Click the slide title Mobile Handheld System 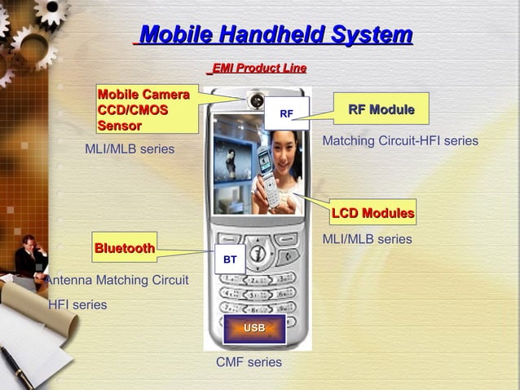pos(275,35)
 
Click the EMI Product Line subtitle pos(258,69)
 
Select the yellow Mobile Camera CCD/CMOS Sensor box pos(148,109)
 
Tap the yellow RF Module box pos(381,109)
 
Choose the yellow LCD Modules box pos(372,213)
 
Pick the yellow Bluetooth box pos(124,248)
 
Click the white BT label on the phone pos(230,259)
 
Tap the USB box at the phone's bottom pos(254,329)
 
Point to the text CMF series pos(249,361)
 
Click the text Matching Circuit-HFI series pos(400,141)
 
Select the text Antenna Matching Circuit pos(117,280)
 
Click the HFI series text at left pos(77,304)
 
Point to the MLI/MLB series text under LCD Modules pos(367,239)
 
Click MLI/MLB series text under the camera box pos(130,148)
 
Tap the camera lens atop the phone pos(256,101)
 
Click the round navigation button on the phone pos(257,254)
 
